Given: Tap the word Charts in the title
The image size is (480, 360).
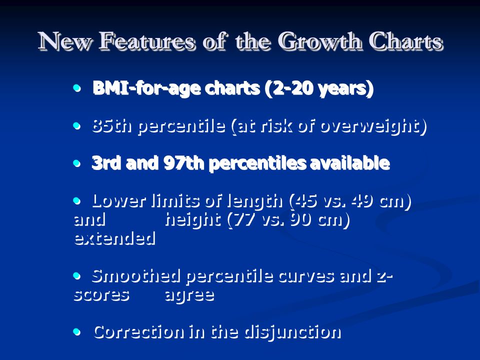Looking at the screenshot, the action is pos(406,41).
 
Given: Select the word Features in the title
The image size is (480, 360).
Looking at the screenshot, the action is pos(146,41).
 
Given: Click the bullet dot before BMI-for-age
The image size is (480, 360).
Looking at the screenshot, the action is pos(77,88).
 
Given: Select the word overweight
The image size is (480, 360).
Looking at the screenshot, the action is pos(369,126).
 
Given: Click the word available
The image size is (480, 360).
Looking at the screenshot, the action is pos(350,163).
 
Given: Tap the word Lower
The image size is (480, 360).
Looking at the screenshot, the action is pos(118,201).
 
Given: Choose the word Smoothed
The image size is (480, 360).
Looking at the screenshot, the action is pos(136,276).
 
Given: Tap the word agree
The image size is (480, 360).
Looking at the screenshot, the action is pos(189,295).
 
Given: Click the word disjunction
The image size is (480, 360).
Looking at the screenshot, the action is pos(292,332).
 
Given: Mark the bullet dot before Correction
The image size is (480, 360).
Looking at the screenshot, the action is pos(77,331).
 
